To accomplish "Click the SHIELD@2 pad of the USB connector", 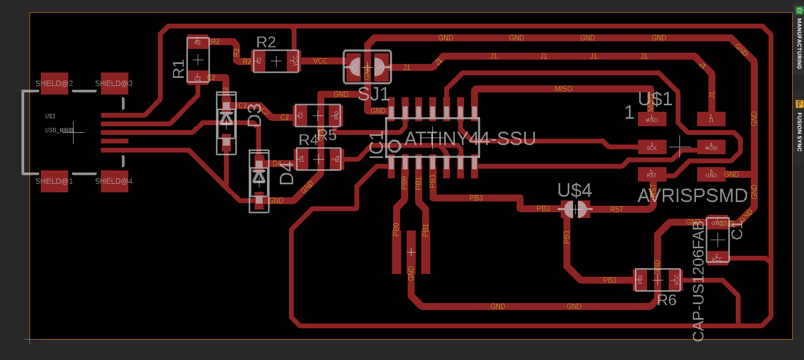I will tap(54, 83).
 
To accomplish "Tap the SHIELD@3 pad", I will tap(114, 83).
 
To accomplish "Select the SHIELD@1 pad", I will tap(54, 181).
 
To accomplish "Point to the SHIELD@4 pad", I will tap(114, 181).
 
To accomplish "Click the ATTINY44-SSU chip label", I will tap(470, 139).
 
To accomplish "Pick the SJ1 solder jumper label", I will tap(374, 95).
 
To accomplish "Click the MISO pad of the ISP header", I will tap(651, 119).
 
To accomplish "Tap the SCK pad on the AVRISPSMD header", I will tap(651, 146).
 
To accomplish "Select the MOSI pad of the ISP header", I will tap(711, 146).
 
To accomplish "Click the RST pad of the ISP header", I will tap(651, 174).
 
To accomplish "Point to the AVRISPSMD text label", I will tap(692, 196).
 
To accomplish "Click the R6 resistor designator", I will tap(667, 300).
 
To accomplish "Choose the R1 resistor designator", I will tap(178, 69).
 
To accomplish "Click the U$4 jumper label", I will tap(575, 190).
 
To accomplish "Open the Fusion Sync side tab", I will tap(799, 126).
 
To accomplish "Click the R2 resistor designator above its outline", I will tap(266, 42).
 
